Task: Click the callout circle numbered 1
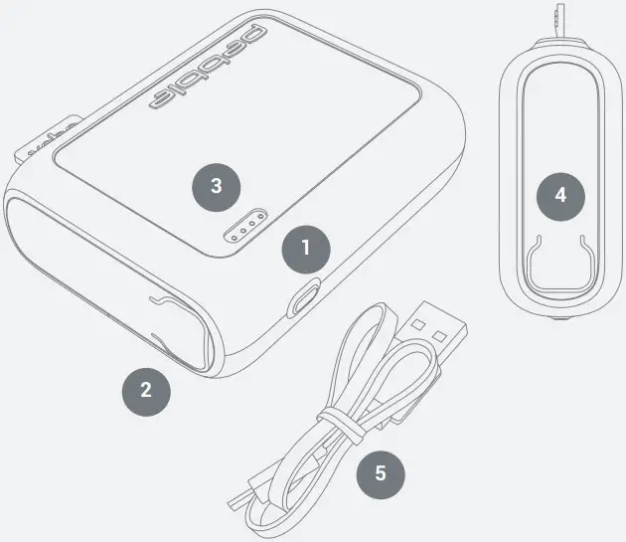[305, 248]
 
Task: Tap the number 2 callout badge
[145, 390]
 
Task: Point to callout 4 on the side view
[560, 196]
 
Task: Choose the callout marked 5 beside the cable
[380, 473]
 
